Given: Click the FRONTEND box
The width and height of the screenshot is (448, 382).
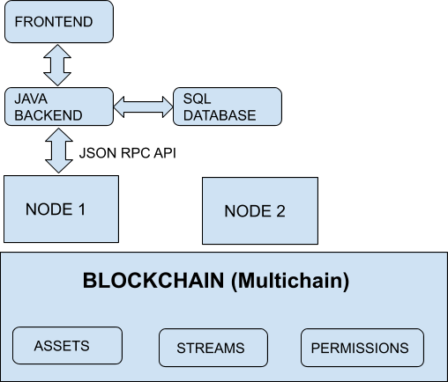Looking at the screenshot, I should click(x=58, y=21).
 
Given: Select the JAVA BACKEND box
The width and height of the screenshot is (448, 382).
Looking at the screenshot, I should click(x=58, y=107).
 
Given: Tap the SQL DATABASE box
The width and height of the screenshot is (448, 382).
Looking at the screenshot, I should click(x=227, y=107).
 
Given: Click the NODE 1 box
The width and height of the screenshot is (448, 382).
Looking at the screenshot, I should click(x=61, y=209).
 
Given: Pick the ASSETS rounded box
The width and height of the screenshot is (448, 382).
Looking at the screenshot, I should click(x=67, y=345).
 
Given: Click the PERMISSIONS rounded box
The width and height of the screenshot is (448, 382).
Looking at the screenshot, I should click(x=362, y=347).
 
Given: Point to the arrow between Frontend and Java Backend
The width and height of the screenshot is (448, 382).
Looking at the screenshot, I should click(x=58, y=64).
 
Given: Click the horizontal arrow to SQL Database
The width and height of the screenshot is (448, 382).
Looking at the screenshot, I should click(x=143, y=107).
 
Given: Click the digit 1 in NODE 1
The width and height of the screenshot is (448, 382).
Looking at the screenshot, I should click(x=81, y=209).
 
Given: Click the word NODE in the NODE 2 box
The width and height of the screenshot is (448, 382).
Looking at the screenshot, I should click(x=247, y=211).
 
